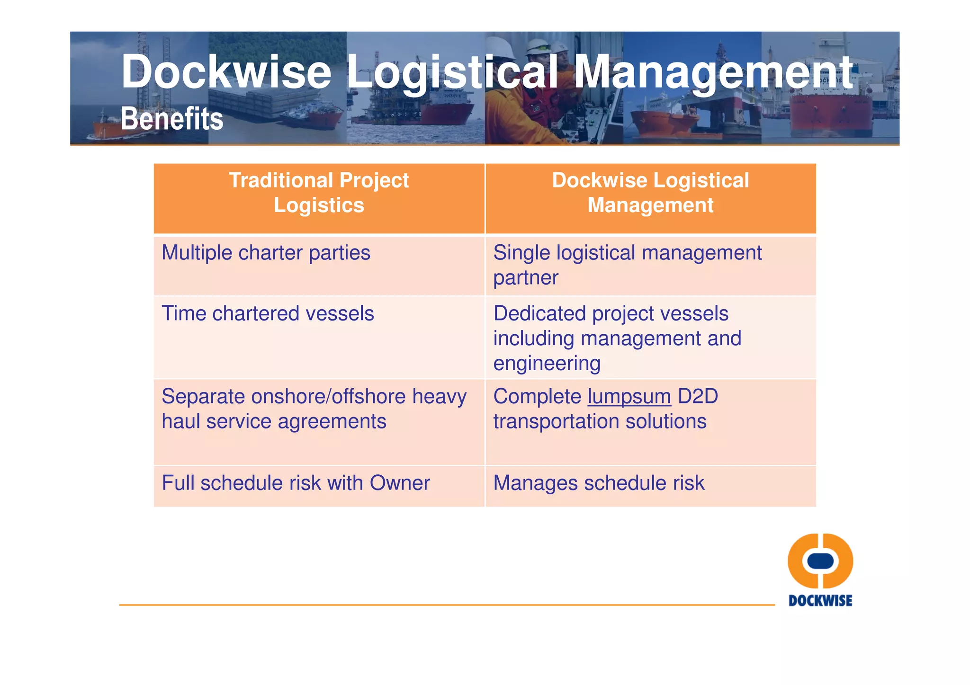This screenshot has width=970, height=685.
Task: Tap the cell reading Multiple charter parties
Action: coord(266,253)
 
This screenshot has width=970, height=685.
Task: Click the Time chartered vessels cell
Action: coord(268,314)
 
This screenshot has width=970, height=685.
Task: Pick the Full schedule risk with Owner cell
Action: coord(296,483)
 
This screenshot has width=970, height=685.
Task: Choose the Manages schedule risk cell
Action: coord(599,483)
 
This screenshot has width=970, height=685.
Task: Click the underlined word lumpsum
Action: coord(629,397)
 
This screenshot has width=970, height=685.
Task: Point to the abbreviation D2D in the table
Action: coord(698,397)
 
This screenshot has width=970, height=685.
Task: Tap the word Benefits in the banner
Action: coord(172,119)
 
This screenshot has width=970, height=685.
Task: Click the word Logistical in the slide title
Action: coord(452,72)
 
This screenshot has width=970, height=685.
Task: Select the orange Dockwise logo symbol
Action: coord(820,561)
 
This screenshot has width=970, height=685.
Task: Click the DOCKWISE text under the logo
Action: coord(820,601)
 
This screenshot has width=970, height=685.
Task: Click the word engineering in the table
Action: coord(547,364)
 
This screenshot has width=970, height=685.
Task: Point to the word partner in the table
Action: coord(526,278)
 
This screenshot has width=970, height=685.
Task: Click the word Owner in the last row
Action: coord(400,483)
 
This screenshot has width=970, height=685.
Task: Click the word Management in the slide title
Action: coord(713,72)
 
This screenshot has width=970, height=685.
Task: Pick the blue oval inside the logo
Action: coord(820,561)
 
